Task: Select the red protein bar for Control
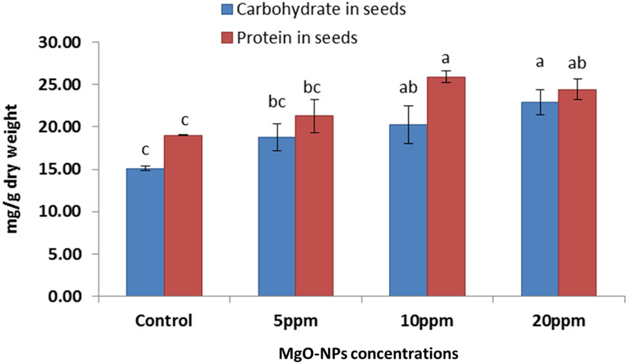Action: point(183,216)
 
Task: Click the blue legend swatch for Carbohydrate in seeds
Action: point(227,10)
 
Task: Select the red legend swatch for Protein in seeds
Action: point(227,37)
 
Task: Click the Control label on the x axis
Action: point(164,321)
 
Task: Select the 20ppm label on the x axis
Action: point(558,321)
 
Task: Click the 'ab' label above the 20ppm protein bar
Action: point(577,64)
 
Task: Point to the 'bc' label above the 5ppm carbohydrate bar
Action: point(276,103)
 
